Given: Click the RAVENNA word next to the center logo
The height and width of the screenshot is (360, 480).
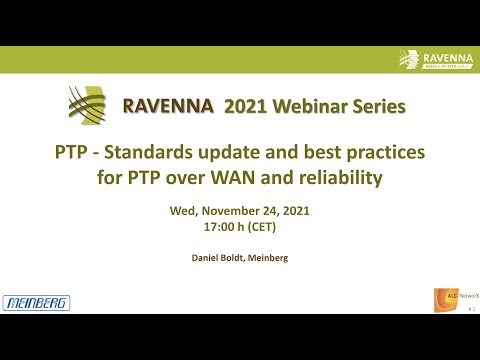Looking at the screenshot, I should [x=159, y=106].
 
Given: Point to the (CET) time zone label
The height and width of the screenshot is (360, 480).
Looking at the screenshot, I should [x=261, y=227].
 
